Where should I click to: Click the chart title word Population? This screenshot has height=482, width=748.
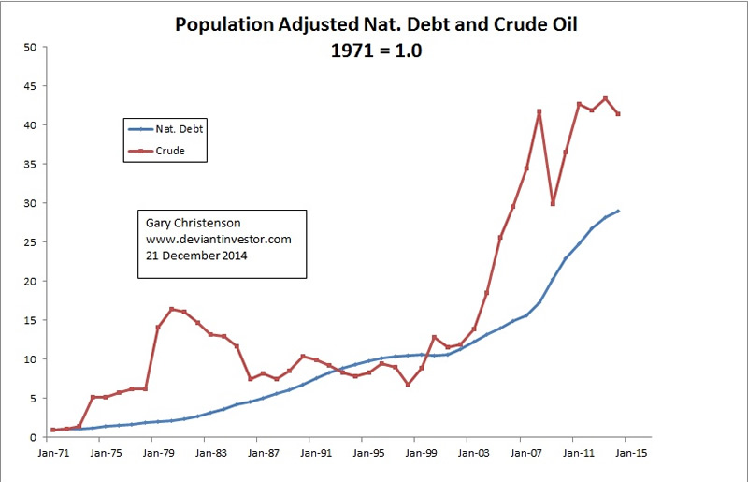(x=225, y=25)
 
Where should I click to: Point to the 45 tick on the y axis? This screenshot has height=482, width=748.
(x=30, y=86)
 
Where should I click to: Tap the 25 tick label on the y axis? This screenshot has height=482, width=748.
(x=30, y=241)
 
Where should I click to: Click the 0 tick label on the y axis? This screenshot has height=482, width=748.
(x=34, y=437)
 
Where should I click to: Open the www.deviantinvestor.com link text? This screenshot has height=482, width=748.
(x=220, y=240)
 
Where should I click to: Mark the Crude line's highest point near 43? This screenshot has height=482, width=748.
(x=605, y=98)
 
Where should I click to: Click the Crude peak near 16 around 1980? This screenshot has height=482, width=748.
(x=171, y=309)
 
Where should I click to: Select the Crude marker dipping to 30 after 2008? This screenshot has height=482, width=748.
(x=553, y=203)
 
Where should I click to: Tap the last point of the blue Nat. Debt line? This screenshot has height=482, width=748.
(x=618, y=211)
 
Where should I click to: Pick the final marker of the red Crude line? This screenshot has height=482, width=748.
(x=618, y=114)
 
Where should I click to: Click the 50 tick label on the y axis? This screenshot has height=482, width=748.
(x=30, y=47)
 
